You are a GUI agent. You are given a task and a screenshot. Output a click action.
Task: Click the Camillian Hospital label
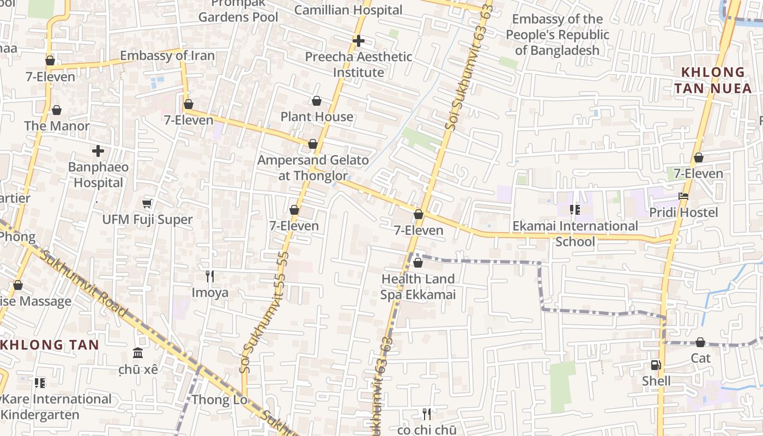tap(348, 10)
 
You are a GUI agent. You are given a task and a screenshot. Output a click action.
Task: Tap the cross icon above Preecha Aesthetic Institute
tap(358, 41)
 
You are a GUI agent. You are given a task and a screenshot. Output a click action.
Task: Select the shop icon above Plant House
tap(317, 101)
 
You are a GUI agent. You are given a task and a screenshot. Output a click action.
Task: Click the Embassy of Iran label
tap(167, 56)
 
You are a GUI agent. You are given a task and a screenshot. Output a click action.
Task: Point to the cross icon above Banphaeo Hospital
tap(98, 151)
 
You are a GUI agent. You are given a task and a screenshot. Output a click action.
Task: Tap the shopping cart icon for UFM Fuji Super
tap(147, 204)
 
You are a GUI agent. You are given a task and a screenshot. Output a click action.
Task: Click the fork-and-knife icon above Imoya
tap(209, 276)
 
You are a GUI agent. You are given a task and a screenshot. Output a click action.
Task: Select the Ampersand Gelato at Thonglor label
tap(313, 168)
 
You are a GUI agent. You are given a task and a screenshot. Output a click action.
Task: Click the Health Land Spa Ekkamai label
tap(417, 287)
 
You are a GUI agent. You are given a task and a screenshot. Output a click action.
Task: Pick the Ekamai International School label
tap(575, 233)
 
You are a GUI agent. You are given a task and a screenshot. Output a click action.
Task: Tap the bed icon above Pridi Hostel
tap(683, 196)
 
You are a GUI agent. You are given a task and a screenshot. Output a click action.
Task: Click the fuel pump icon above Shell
tap(656, 365)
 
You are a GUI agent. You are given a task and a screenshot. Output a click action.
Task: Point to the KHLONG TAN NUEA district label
tap(712, 80)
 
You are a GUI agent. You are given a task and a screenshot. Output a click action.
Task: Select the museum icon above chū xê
tap(138, 353)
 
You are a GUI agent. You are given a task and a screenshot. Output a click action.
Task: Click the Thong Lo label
tap(219, 400)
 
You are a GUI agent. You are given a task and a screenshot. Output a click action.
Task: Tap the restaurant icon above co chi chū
tap(427, 414)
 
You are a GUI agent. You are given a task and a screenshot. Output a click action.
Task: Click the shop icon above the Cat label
tap(700, 342)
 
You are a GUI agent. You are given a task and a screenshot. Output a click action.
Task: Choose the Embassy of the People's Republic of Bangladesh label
tap(557, 35)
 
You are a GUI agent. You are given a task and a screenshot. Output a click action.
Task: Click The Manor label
tap(57, 126)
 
